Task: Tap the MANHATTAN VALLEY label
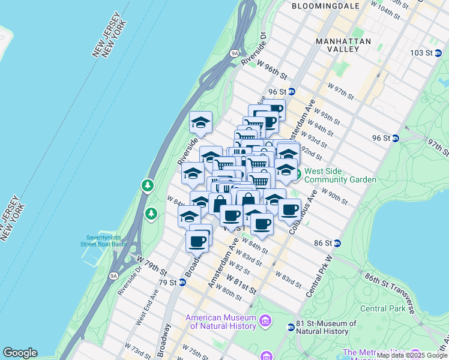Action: pos(345,46)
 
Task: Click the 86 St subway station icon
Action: pos(337,243)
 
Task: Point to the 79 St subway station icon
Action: pos(182,282)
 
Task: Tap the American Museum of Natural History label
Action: pos(225,322)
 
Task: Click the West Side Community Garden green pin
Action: pos(298,175)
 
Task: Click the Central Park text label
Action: pos(382,308)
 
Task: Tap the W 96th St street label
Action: pos(272,68)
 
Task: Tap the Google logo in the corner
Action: pos(20,353)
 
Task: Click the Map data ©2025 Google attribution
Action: pos(412,355)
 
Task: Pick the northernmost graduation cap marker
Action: pos(200,123)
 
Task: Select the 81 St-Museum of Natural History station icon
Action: pos(291,327)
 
